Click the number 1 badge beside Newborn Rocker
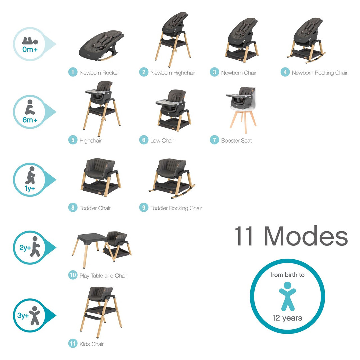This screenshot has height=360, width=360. pyautogui.click(x=73, y=72)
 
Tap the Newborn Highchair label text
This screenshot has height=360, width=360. pyautogui.click(x=173, y=73)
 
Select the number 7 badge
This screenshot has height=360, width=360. pyautogui.click(x=214, y=140)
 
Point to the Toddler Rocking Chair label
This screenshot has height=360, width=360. pyautogui.click(x=176, y=208)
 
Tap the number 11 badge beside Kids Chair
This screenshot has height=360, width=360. pyautogui.click(x=73, y=344)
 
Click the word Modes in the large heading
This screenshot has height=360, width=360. pyautogui.click(x=306, y=236)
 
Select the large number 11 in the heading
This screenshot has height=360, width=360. pyautogui.click(x=246, y=236)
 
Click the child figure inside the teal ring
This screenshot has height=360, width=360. pyautogui.click(x=287, y=296)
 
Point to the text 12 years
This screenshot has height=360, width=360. pyautogui.click(x=287, y=318)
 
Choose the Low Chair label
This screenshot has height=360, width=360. pyautogui.click(x=162, y=141)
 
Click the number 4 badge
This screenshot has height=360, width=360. pyautogui.click(x=285, y=72)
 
